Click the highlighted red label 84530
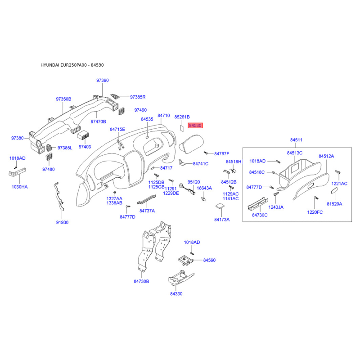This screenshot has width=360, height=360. tap(195, 126)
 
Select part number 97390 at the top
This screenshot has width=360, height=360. tap(103, 81)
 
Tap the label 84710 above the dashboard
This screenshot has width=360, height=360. tap(164, 116)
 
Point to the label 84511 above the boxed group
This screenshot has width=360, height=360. tap(296, 140)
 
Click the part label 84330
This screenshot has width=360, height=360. tap(176, 294)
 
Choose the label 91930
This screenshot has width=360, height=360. tap(62, 222)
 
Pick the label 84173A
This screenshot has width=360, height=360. tap(222, 220)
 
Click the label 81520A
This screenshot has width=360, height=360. tap(334, 204)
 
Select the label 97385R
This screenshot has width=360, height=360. tap(138, 97)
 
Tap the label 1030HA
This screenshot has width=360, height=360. tap(19, 187)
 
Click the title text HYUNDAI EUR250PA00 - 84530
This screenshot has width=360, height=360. tap(72, 65)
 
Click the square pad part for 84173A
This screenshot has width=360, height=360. tap(220, 206)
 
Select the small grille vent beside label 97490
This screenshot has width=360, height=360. tap(121, 111)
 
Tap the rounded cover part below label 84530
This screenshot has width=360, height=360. tap(191, 144)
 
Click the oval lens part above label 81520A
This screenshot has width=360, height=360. tap(334, 191)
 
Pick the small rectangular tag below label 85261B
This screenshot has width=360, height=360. tap(182, 128)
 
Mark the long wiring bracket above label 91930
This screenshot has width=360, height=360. tap(59, 196)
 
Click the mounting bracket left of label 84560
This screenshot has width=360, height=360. tap(186, 261)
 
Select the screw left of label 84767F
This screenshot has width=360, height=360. tap(206, 153)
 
